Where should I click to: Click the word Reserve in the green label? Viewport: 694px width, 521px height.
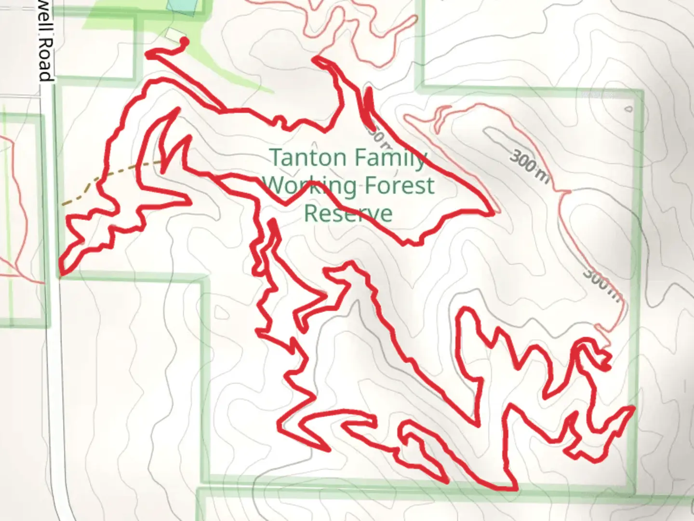coord(348,214)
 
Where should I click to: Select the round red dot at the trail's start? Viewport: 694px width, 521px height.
coord(184,42)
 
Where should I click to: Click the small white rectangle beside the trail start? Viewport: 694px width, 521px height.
coord(173,35)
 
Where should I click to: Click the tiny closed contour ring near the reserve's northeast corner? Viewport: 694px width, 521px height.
coord(628,110)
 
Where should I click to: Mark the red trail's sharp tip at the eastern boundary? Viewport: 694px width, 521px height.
coord(632,409)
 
